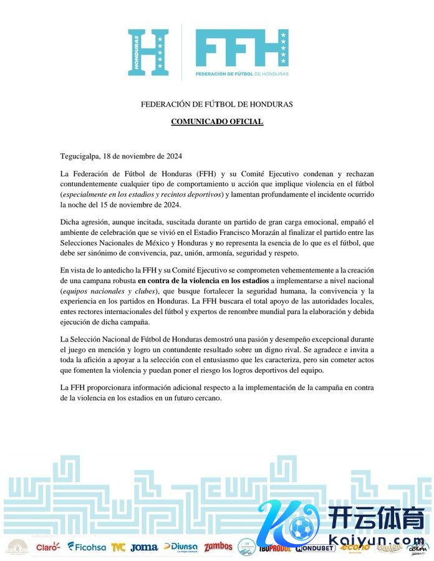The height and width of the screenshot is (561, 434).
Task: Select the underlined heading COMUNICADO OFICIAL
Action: [217, 122]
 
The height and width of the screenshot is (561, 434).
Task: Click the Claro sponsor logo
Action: [48, 547]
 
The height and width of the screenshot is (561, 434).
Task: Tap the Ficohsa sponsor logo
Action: [87, 547]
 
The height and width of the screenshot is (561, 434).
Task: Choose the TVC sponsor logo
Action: [118, 547]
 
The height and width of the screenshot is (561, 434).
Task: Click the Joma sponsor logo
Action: [145, 547]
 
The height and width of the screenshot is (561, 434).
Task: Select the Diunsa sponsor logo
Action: [181, 547]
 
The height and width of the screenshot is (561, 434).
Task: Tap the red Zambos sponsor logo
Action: [218, 547]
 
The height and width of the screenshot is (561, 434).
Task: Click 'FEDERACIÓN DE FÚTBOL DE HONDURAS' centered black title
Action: [217, 104]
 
